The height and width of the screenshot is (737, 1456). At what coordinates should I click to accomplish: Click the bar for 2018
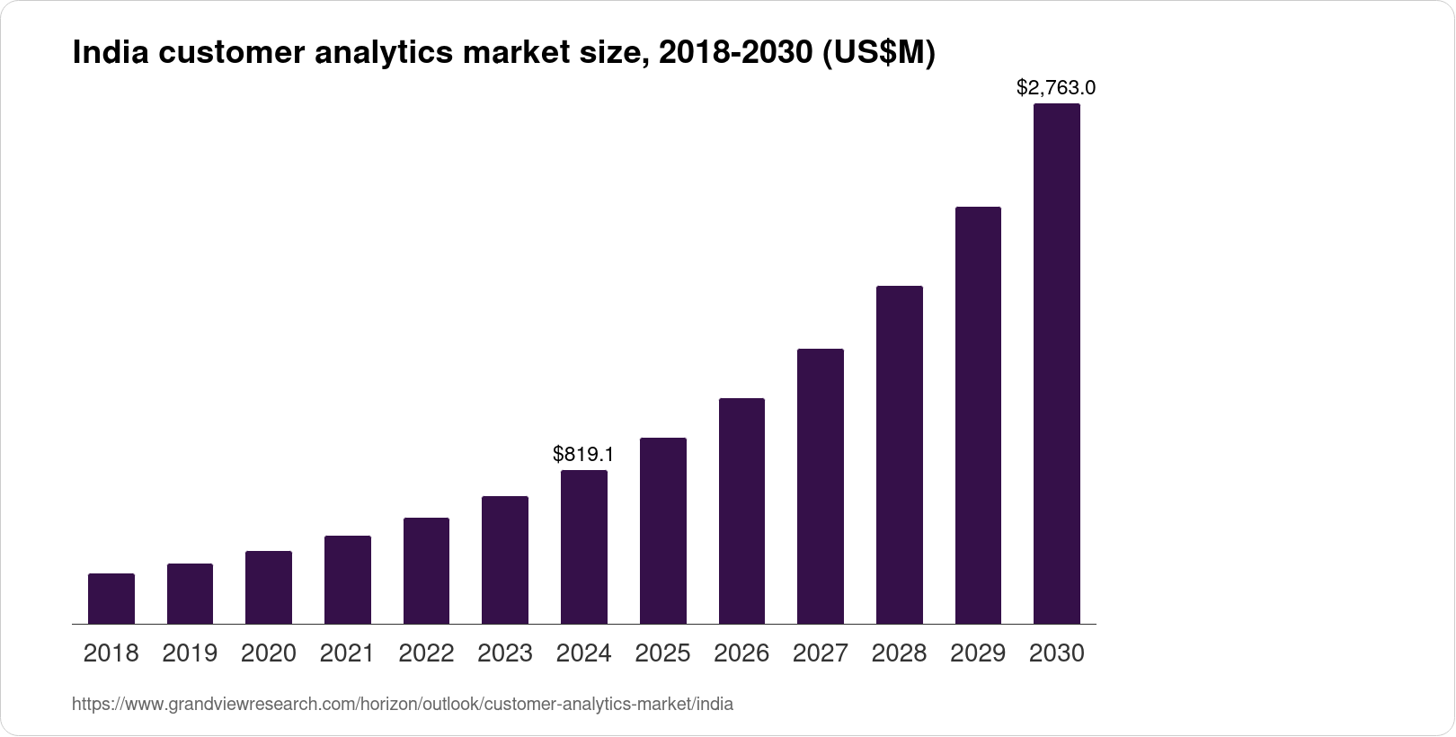(111, 599)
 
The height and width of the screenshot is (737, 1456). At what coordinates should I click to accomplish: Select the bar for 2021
(348, 580)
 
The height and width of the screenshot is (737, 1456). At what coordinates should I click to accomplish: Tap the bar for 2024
(584, 546)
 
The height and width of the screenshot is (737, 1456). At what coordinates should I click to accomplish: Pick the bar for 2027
(821, 486)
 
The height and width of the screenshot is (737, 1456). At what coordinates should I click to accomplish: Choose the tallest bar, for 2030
(1057, 363)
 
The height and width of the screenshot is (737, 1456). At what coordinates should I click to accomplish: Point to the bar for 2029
(978, 415)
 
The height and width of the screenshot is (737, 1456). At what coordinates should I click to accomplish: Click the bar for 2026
(741, 511)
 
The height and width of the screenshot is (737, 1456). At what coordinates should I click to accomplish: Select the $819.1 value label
(583, 454)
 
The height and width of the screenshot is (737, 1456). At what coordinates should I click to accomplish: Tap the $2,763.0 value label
(1056, 88)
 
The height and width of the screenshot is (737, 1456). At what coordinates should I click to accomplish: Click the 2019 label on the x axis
(190, 653)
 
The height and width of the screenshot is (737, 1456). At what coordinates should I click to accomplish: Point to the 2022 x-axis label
(426, 653)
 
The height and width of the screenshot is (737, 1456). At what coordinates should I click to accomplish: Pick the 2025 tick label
(662, 653)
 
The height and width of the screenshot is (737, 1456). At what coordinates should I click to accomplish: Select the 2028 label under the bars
(899, 653)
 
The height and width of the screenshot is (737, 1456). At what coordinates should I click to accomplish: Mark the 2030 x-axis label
(1057, 653)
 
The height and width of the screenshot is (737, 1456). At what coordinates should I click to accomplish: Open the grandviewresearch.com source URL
(403, 705)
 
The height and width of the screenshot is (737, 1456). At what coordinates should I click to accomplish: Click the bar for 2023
(505, 560)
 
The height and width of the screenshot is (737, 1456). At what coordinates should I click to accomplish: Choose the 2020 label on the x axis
(269, 653)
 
